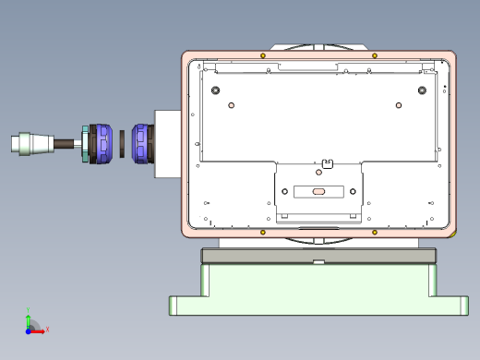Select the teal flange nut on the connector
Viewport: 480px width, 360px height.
[x=85, y=144]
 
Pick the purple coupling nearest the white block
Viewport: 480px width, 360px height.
[x=141, y=143]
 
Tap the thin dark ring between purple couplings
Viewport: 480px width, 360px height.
[x=122, y=143]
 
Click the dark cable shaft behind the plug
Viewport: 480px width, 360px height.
[x=65, y=143]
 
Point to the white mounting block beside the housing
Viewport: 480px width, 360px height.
[x=167, y=143]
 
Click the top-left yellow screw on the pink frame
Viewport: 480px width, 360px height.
[x=263, y=56]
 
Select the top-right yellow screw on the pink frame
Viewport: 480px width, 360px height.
[x=373, y=56]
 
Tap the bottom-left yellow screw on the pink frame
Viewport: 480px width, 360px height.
[x=263, y=231]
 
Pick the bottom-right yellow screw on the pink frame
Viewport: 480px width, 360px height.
[x=373, y=231]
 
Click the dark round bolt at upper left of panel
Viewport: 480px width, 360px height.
[x=216, y=90]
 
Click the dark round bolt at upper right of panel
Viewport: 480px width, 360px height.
[x=422, y=90]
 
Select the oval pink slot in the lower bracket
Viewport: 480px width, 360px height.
[x=318, y=192]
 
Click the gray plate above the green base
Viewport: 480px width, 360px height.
[x=318, y=256]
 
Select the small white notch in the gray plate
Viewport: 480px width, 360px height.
[x=318, y=262]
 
